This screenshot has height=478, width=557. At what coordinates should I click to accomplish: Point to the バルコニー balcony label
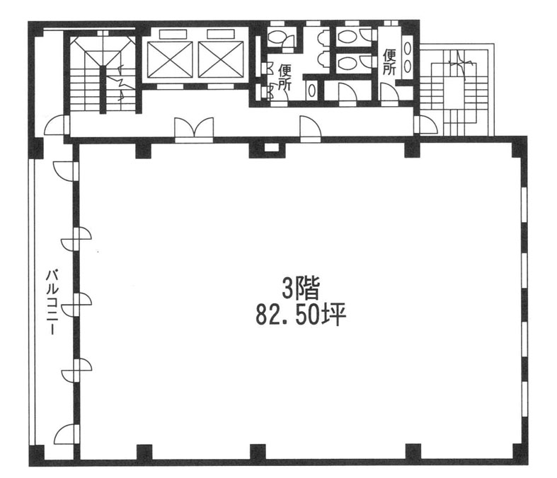(53, 303)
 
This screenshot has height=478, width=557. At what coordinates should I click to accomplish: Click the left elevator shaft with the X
(170, 59)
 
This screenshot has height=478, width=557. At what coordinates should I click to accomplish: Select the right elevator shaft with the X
(221, 59)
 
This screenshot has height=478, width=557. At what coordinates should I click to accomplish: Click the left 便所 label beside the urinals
(285, 77)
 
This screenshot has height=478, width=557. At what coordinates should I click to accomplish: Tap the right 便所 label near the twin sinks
(389, 62)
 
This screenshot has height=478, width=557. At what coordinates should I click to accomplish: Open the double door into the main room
(194, 129)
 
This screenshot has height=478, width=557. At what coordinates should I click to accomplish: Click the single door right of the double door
(310, 129)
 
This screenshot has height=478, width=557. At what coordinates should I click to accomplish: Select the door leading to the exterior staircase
(426, 124)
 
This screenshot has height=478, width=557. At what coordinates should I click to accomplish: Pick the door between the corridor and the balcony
(57, 125)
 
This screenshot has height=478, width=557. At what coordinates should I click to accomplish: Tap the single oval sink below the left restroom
(311, 91)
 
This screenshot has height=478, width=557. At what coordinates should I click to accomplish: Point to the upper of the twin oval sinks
(408, 48)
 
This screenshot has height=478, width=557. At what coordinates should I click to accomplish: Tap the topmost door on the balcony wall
(66, 172)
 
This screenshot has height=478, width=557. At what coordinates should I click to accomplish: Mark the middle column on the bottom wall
(258, 452)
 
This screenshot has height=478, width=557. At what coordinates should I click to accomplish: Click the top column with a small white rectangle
(267, 148)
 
